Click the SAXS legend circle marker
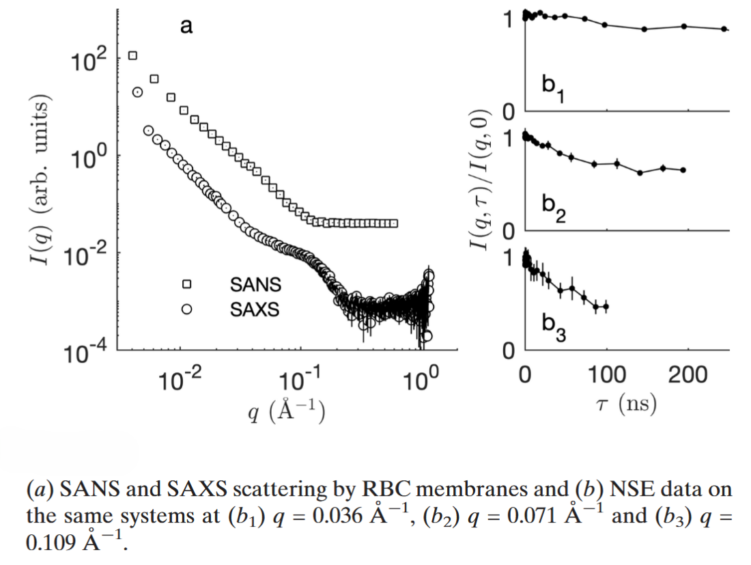coord(186,309)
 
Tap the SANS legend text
coord(255,284)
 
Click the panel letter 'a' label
coord(186,27)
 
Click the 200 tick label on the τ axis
coord(688,374)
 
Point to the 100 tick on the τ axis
coord(606,374)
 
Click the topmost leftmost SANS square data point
coord(133,55)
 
